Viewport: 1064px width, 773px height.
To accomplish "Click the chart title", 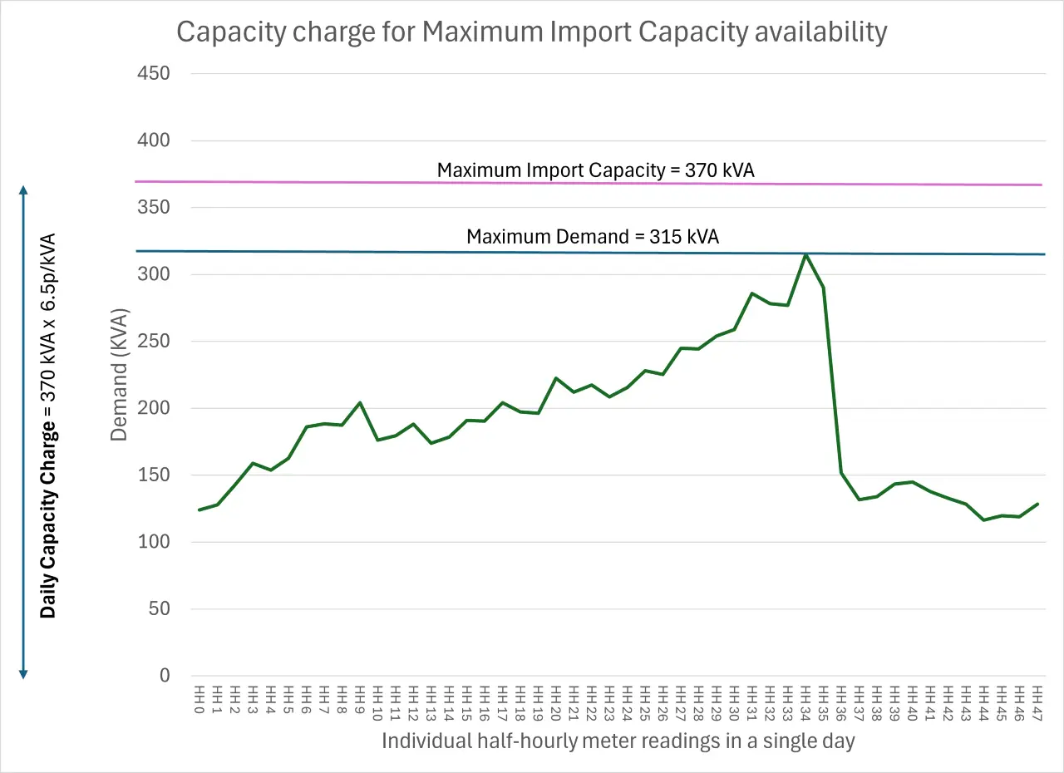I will click(x=532, y=32).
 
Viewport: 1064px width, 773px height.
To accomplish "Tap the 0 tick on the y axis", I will click(x=164, y=676).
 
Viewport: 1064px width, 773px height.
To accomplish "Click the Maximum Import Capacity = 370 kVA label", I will click(x=595, y=170).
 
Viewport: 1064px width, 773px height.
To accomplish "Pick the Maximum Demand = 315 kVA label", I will click(x=592, y=237).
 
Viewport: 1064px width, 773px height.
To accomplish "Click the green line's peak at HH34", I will click(x=805, y=255).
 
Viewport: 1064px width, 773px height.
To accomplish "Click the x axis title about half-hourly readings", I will click(x=618, y=741).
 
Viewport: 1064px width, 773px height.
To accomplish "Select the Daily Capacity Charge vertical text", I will click(x=49, y=425).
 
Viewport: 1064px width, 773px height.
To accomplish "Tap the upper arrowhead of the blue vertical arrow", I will click(x=23, y=191).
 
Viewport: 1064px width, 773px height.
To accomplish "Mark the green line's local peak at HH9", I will click(x=360, y=402).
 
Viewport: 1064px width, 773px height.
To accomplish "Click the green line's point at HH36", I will click(x=841, y=473).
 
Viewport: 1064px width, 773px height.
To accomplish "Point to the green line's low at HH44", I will click(x=983, y=520).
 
